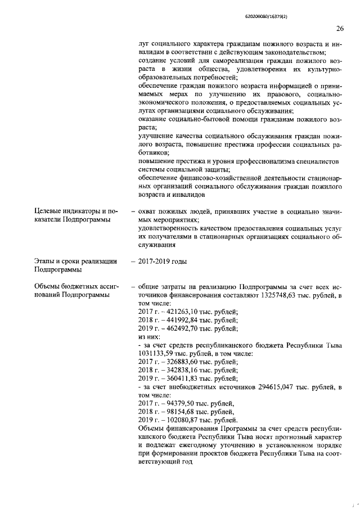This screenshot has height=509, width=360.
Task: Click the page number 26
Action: pos(339,29)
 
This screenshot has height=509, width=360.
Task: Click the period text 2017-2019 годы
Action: pos(163,262)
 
